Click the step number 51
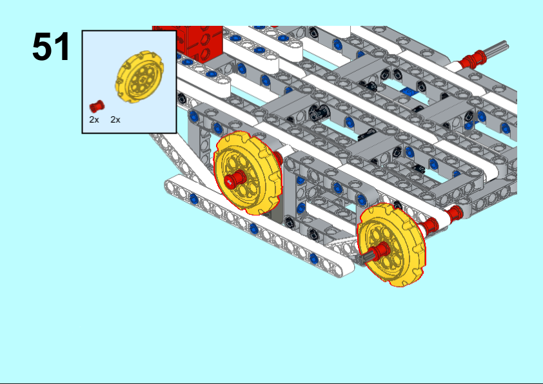51,46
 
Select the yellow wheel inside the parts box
139,77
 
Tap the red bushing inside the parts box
97,106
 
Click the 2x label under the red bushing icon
94,120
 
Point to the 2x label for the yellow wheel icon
115,120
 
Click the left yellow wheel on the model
248,174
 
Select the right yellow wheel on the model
392,245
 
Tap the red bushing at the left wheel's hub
235,180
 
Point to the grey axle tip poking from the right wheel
366,257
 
